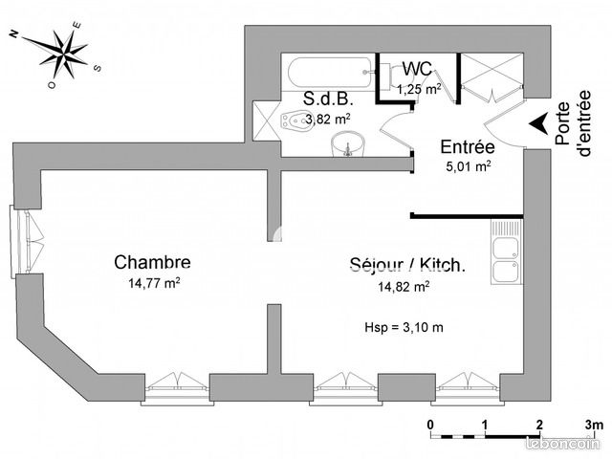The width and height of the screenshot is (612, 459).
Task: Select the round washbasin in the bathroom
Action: [x=348, y=144]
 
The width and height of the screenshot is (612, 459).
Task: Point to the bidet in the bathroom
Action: [x=295, y=121]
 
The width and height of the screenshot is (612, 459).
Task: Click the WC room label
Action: [x=417, y=69]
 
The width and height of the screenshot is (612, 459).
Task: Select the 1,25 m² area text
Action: [x=419, y=89]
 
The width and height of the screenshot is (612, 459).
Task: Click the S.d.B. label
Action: [x=325, y=99]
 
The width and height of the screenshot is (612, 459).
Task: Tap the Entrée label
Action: [x=467, y=147]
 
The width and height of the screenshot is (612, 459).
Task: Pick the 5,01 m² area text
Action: [x=469, y=165]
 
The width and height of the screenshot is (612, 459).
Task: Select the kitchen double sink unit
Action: [x=506, y=253]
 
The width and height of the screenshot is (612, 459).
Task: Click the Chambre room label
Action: [x=152, y=262]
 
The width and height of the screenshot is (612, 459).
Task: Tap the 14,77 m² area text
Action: [x=154, y=283]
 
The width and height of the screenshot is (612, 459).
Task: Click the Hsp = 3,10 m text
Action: [x=404, y=327]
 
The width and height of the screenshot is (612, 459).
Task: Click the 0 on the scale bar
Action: [x=431, y=424]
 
